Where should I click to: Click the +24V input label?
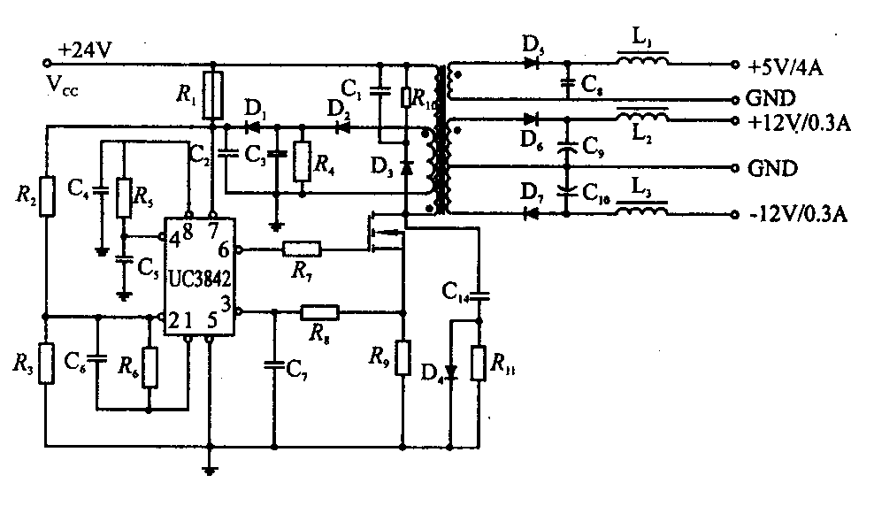pos(85,51)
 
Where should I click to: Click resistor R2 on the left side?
pos(47,196)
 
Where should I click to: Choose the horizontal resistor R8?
pos(319,311)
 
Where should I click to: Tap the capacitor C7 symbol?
pos(274,363)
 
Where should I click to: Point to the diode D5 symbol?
pos(531,63)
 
